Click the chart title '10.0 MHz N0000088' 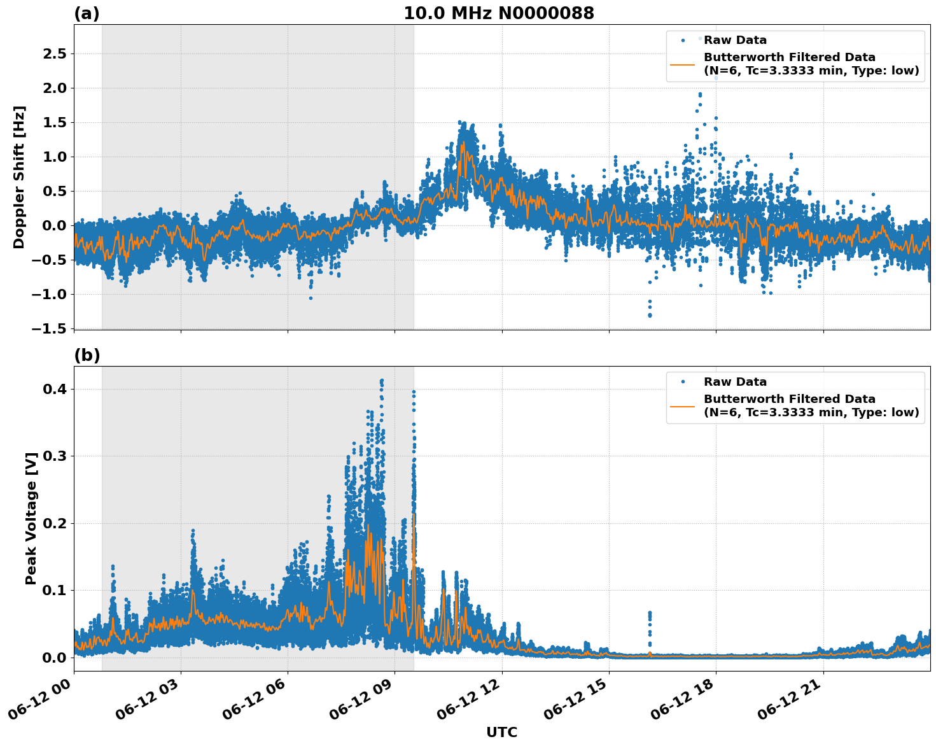499,13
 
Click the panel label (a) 87,13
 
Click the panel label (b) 87,355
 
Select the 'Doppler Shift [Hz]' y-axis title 19,177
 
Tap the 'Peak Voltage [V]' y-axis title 31,518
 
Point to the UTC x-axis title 501,732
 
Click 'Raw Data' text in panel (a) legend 735,40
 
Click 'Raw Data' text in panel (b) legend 735,382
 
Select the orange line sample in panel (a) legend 683,64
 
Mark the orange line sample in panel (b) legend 683,405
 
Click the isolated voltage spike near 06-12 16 650,615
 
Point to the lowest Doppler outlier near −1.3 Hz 650,314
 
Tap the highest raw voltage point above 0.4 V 382,381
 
